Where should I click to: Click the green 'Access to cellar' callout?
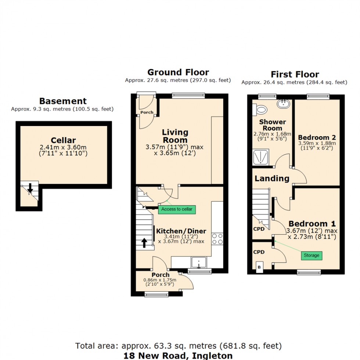point(177,209)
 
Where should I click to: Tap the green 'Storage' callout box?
point(312,255)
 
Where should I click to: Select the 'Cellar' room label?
point(63,140)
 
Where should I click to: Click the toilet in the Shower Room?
point(261,109)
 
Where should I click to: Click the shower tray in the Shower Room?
point(261,157)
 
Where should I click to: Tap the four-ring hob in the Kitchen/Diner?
point(217,238)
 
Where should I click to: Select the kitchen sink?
point(199,262)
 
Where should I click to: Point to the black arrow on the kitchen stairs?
point(144,242)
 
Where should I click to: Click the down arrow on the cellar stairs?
point(30,188)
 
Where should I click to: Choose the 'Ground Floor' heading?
point(178,72)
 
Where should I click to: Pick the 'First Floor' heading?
point(295,75)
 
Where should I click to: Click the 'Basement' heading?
point(63,101)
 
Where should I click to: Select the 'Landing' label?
point(272,179)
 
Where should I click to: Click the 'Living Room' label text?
point(175,136)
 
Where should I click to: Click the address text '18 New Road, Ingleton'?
point(179,355)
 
